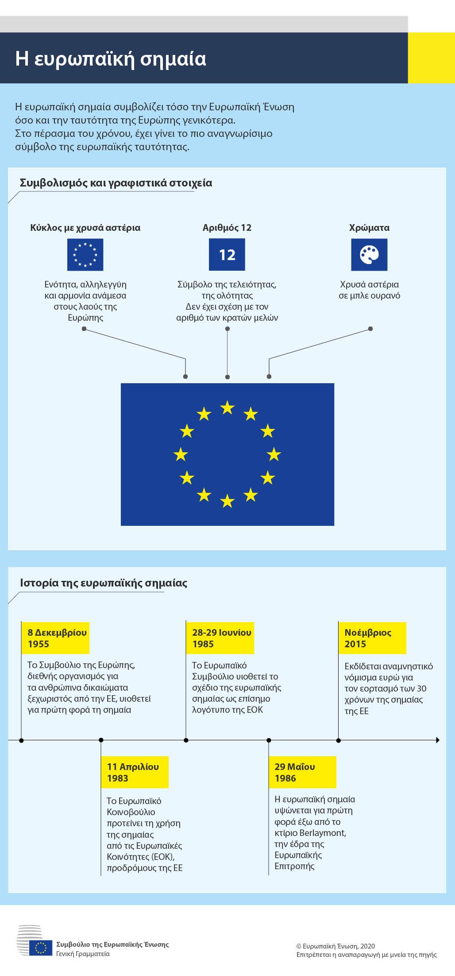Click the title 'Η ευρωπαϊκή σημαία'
[x=111, y=58]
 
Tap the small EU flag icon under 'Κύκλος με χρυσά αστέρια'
[x=85, y=255]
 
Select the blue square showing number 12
[x=227, y=255]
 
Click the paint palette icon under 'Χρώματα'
[x=369, y=255]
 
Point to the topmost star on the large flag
[x=227, y=407]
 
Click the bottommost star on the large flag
[x=227, y=501]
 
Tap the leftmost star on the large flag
[x=181, y=454]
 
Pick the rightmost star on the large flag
[x=274, y=454]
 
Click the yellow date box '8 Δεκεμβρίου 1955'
[x=56, y=638]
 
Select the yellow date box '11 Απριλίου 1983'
[x=135, y=772]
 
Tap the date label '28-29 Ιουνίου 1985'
[x=220, y=638]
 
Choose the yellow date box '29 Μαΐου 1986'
[x=303, y=772]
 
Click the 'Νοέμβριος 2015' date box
[x=372, y=638]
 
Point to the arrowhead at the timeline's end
[x=438, y=740]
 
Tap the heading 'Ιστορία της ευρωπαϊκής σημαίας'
[x=104, y=583]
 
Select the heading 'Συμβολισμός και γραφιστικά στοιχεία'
[x=116, y=183]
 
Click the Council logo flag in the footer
[x=41, y=948]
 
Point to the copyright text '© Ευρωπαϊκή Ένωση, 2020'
[x=335, y=946]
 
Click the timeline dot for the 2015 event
[x=339, y=740]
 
